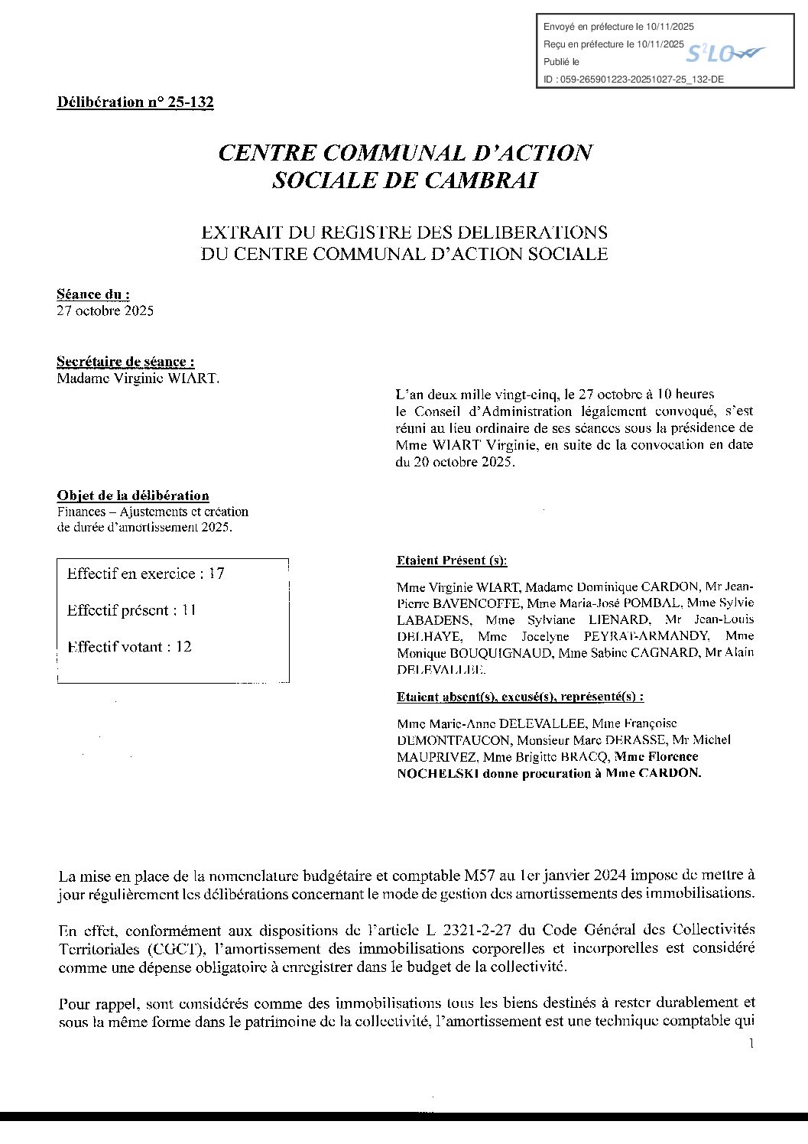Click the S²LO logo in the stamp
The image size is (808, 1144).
point(724,54)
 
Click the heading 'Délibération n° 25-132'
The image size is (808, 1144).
point(135,102)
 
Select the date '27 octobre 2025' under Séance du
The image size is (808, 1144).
point(105,310)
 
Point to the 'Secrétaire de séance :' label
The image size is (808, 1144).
point(125,362)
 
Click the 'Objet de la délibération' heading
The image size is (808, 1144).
point(133,496)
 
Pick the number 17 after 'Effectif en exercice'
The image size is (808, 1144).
point(216,574)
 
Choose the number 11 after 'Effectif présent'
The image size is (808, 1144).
point(189,610)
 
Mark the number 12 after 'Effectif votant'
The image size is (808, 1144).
point(183,647)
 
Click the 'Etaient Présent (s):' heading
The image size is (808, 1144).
point(452,561)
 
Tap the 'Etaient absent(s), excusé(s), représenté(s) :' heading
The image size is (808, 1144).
point(520,697)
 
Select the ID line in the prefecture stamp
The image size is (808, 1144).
point(634,79)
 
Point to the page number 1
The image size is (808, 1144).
point(751,1043)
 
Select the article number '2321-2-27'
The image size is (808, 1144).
point(475,931)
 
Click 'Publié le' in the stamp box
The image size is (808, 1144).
point(561,62)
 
